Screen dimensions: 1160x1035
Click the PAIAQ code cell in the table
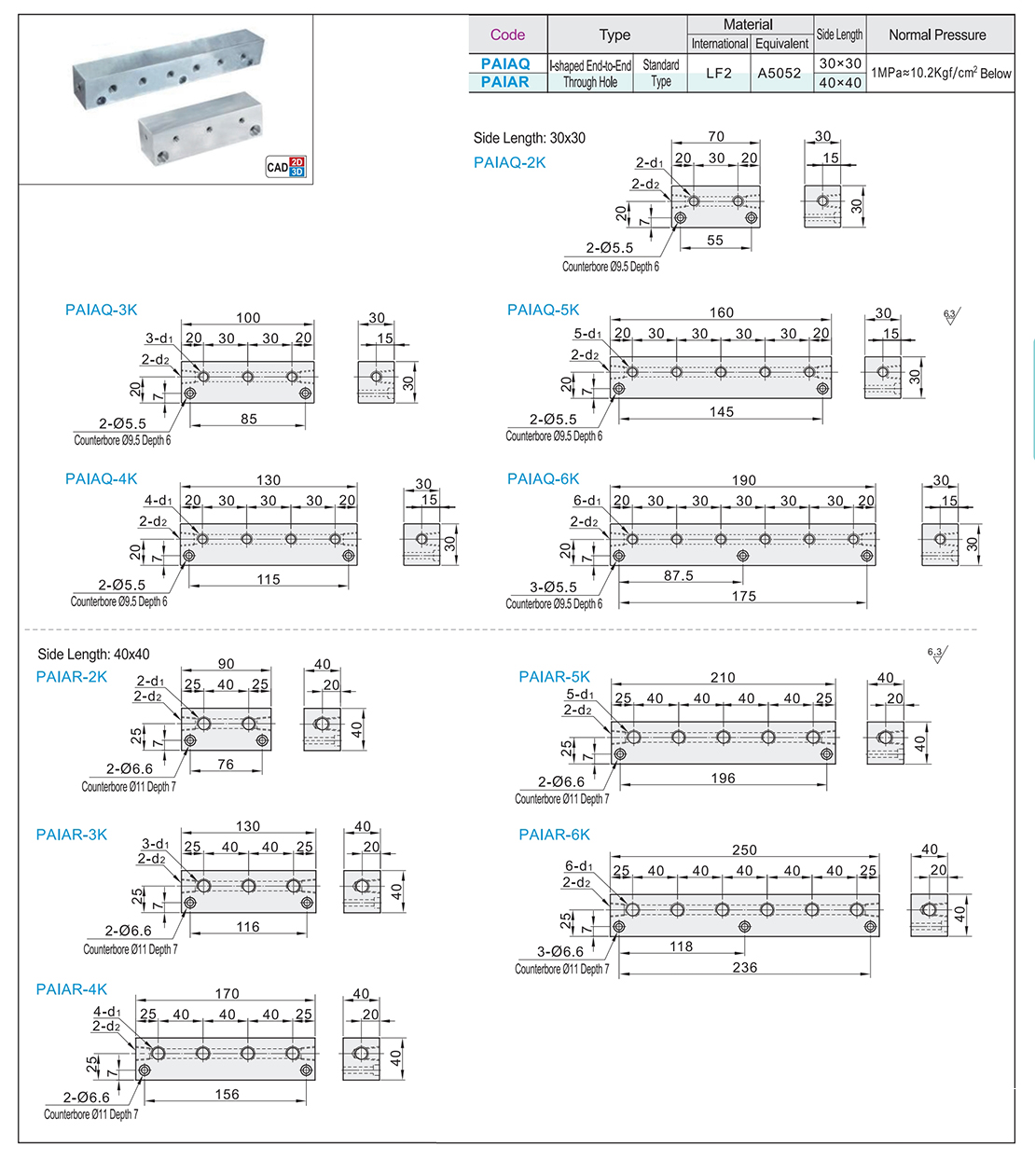coord(505,63)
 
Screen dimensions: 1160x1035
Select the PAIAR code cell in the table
coord(505,82)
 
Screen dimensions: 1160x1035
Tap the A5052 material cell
coord(780,73)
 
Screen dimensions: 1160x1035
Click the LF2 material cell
coord(719,73)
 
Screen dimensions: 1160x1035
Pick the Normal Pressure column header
coord(937,35)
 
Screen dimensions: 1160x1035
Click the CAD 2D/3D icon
coord(285,167)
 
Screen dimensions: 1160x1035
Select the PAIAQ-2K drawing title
coord(510,162)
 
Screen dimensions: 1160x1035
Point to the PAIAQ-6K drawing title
coord(544,478)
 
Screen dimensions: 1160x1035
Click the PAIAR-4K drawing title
coord(72,989)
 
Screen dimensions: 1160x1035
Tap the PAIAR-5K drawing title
coord(555,677)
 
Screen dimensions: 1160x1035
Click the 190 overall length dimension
coord(744,480)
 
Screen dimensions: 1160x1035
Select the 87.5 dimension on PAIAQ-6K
coord(679,575)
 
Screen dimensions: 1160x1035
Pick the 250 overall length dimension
coord(745,849)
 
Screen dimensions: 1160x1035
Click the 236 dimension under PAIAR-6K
coord(745,967)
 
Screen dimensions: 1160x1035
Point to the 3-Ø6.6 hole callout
coord(560,951)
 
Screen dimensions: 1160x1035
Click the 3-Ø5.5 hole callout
coord(554,587)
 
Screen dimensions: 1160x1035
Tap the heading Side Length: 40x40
coord(93,655)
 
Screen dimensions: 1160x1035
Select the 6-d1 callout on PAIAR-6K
coord(579,866)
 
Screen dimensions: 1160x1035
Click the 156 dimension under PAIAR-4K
coord(228,1094)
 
